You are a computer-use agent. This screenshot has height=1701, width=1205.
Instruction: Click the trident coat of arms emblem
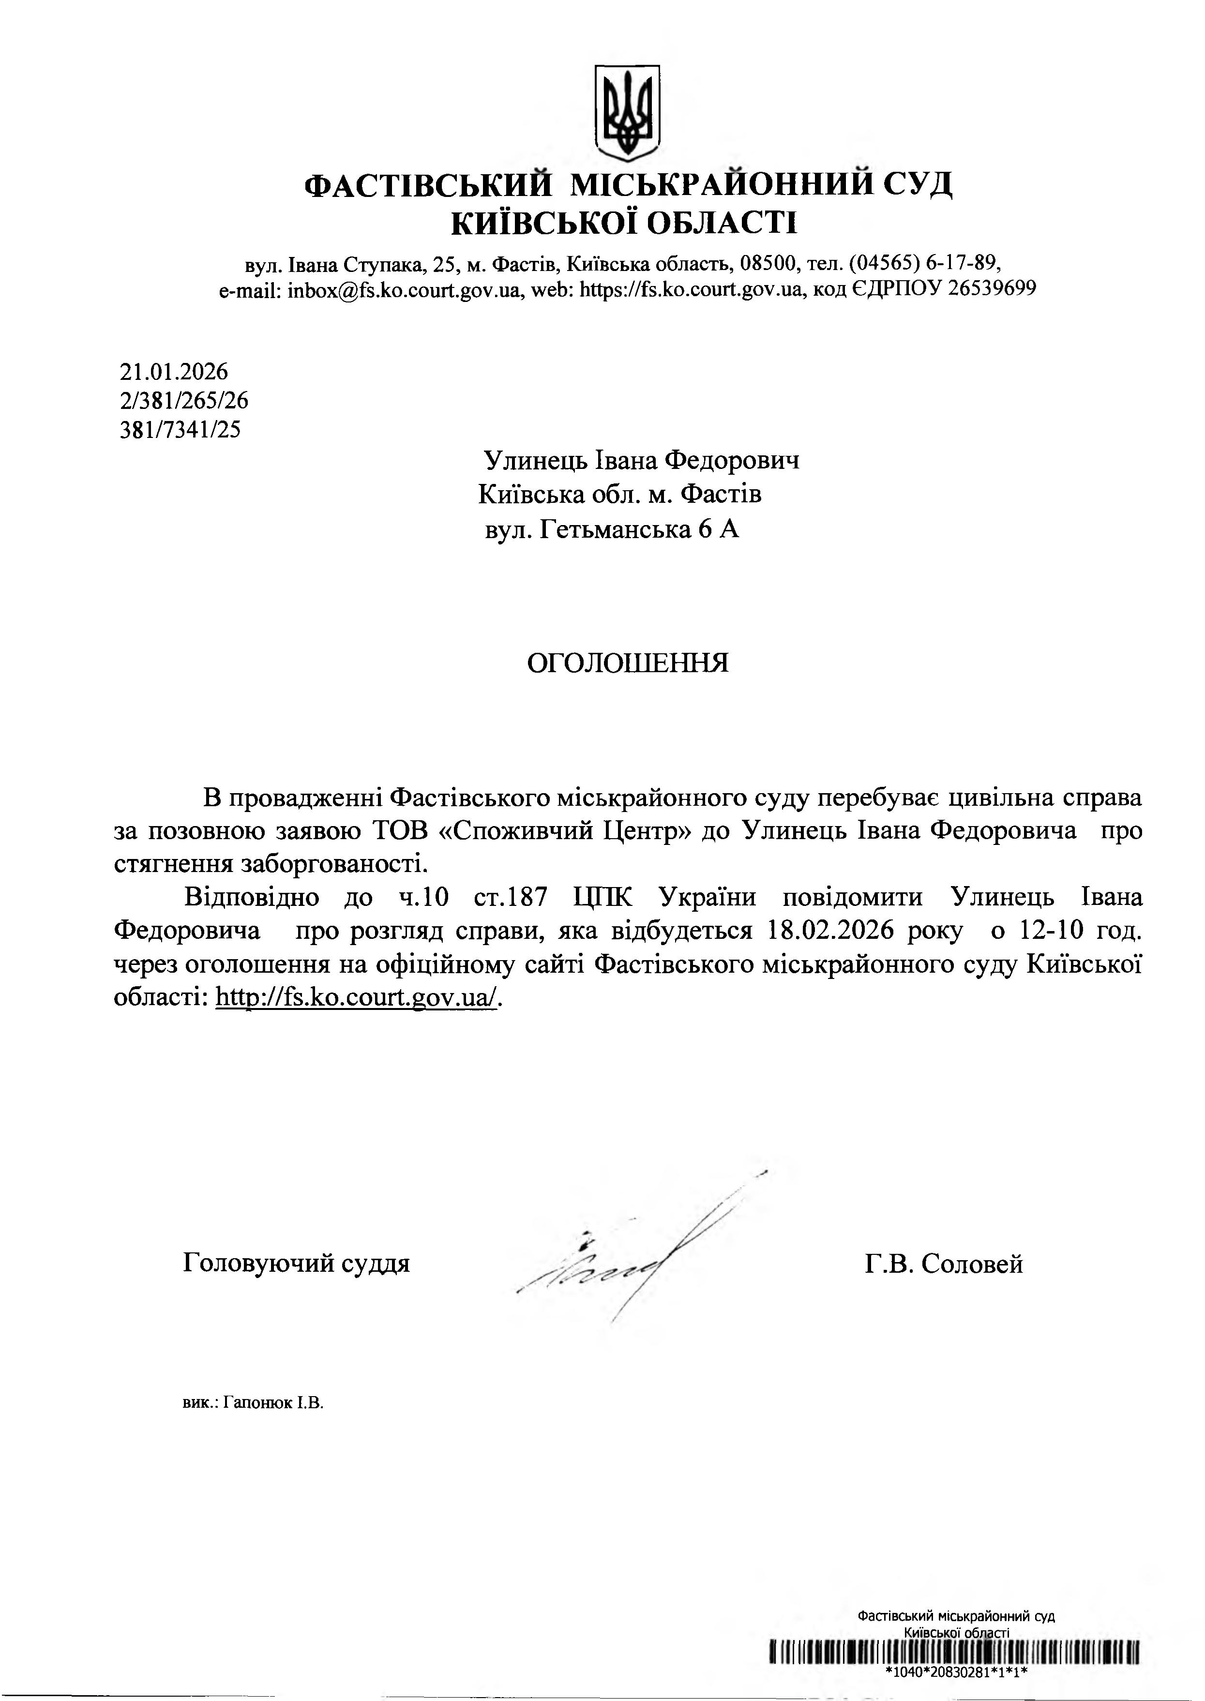[x=628, y=112]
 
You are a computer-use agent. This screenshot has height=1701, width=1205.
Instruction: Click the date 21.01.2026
[x=174, y=372]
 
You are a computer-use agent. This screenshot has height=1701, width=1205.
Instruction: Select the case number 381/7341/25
[x=181, y=430]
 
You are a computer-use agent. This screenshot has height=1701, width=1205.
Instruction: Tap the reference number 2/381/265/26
[x=184, y=401]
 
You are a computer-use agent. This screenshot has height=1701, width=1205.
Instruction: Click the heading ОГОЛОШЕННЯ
[x=628, y=663]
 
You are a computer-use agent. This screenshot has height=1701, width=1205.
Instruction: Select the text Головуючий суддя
[x=296, y=1264]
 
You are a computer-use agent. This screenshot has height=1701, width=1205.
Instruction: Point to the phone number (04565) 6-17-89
[x=924, y=263]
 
